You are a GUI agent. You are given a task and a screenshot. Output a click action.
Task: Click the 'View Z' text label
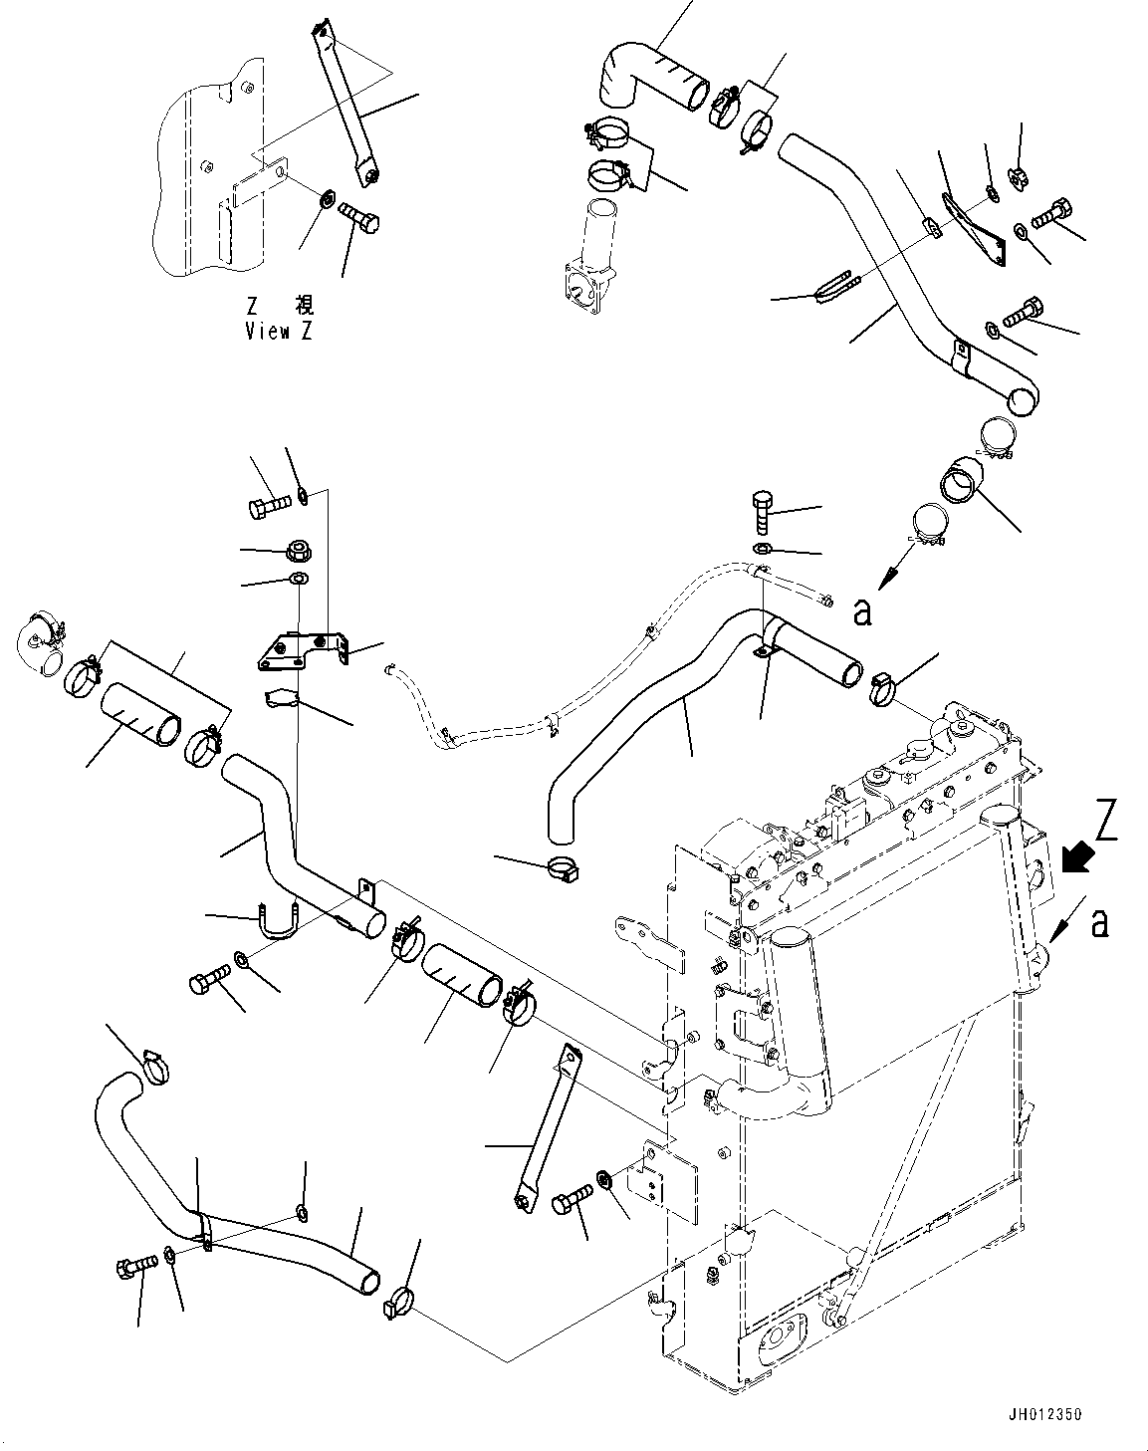[279, 332]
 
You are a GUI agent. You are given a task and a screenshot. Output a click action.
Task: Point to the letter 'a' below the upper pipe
[862, 610]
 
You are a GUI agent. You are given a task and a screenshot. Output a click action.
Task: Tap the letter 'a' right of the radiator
[1099, 922]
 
